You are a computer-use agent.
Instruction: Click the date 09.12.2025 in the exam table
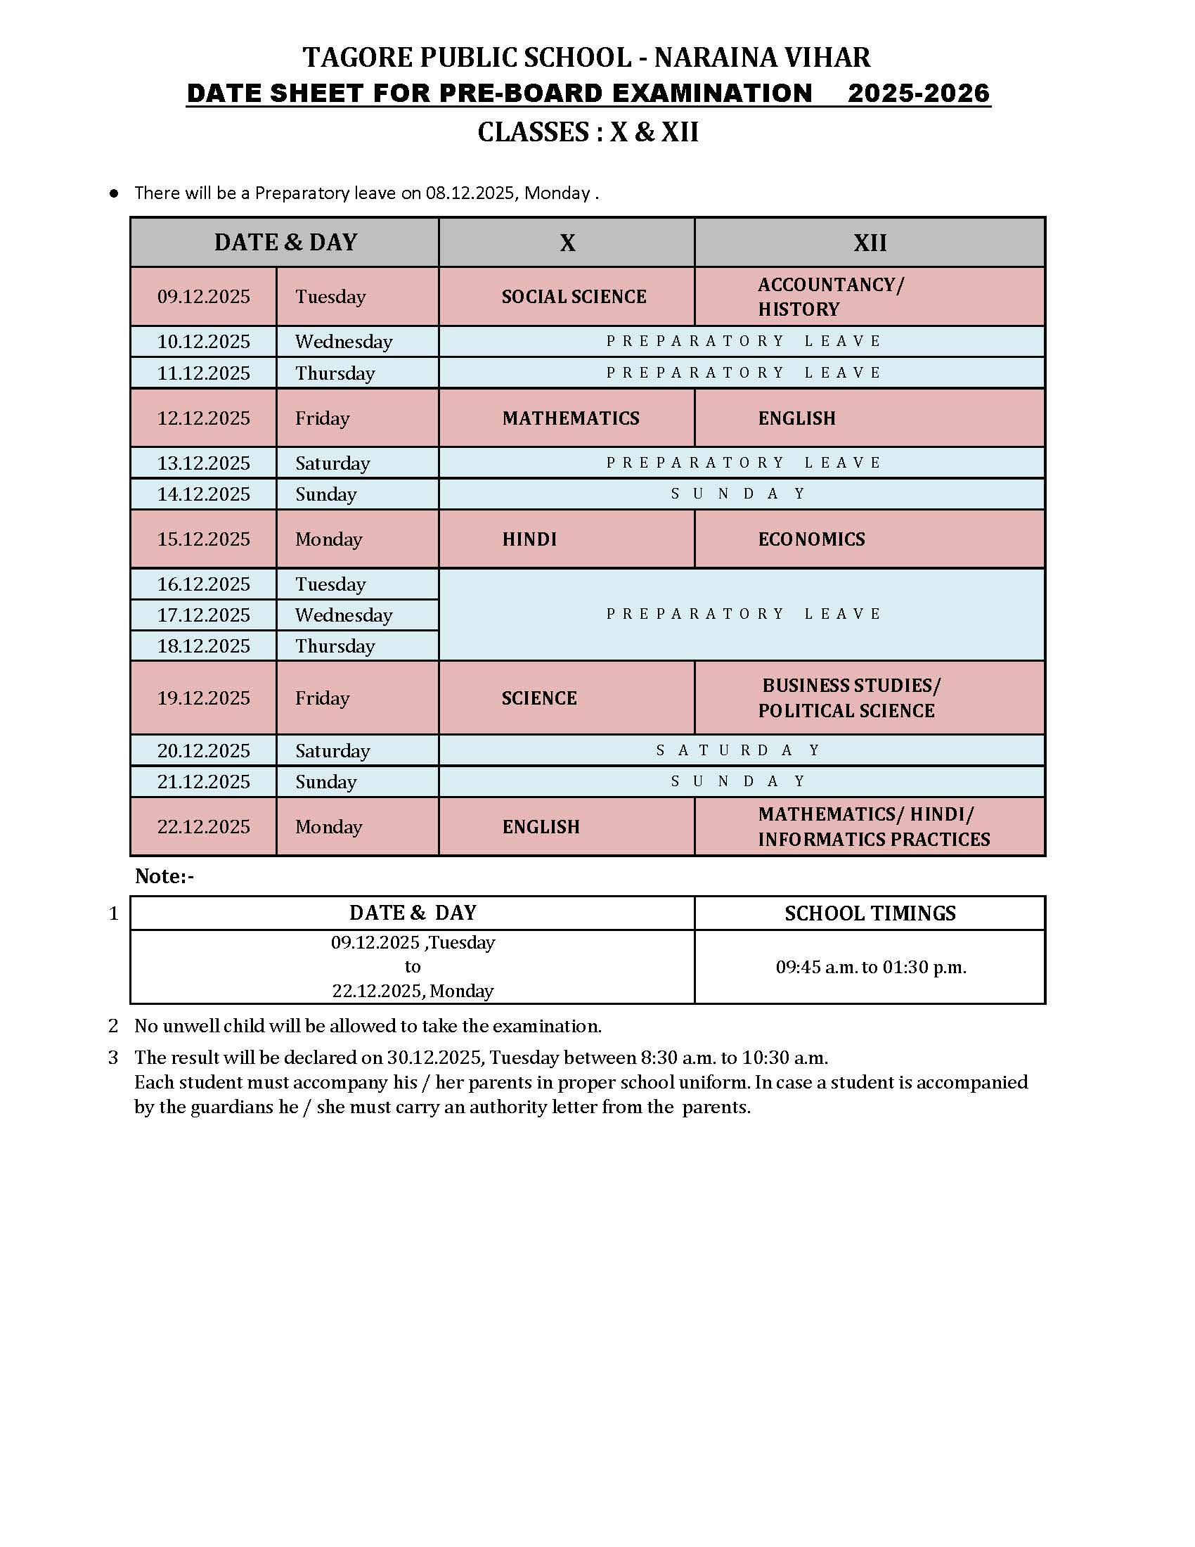point(203,296)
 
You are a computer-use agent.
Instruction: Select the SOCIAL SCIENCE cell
point(574,297)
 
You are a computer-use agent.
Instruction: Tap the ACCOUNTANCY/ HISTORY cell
point(830,297)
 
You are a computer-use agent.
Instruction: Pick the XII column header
point(870,243)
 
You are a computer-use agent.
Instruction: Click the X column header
point(567,243)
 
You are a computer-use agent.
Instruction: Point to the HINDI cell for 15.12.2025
point(529,539)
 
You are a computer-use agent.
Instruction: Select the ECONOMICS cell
point(811,539)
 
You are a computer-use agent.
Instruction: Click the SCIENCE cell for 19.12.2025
point(539,698)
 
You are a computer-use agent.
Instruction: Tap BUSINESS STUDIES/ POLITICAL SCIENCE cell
point(849,698)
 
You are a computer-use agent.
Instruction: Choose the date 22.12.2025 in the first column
point(203,827)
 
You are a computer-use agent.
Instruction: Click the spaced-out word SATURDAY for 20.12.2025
point(739,750)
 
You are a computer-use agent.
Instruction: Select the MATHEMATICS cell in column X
point(571,418)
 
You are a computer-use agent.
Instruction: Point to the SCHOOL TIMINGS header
point(870,913)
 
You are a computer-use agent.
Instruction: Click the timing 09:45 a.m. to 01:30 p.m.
point(871,968)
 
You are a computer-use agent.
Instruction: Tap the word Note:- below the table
point(164,877)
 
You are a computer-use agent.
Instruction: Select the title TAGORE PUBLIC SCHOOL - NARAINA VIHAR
point(586,58)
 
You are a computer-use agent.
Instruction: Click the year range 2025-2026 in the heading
point(918,94)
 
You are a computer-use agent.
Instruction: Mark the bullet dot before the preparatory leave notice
point(114,193)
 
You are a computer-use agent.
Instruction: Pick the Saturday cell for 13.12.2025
point(332,463)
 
